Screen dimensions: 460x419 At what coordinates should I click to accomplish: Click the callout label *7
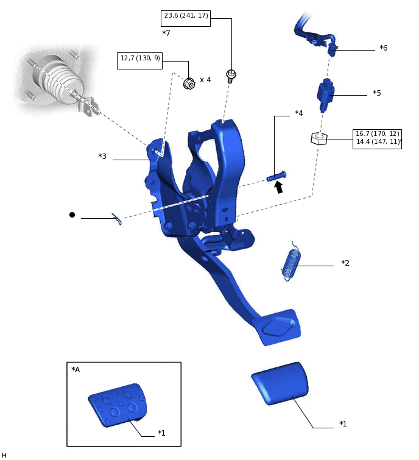pyautogui.click(x=166, y=34)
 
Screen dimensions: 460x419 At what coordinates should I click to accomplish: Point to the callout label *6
pyautogui.click(x=383, y=48)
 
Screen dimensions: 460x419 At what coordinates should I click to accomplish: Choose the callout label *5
pyautogui.click(x=377, y=93)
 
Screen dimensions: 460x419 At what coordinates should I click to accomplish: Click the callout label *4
pyautogui.click(x=298, y=113)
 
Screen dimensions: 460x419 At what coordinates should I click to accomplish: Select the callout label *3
pyautogui.click(x=102, y=157)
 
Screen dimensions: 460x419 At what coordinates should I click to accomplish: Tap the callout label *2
pyautogui.click(x=345, y=263)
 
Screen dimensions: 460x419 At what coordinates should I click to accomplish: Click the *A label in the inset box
pyautogui.click(x=76, y=370)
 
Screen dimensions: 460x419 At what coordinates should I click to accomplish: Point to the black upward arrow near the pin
pyautogui.click(x=279, y=187)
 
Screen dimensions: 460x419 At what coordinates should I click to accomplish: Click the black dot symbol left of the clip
pyautogui.click(x=72, y=214)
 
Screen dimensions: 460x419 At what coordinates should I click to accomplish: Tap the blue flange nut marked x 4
pyautogui.click(x=189, y=83)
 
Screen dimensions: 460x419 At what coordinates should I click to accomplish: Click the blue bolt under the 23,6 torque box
pyautogui.click(x=231, y=76)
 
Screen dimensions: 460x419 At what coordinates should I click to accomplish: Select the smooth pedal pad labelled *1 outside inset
pyautogui.click(x=280, y=383)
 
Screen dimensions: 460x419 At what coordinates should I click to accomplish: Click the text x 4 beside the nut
pyautogui.click(x=205, y=80)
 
